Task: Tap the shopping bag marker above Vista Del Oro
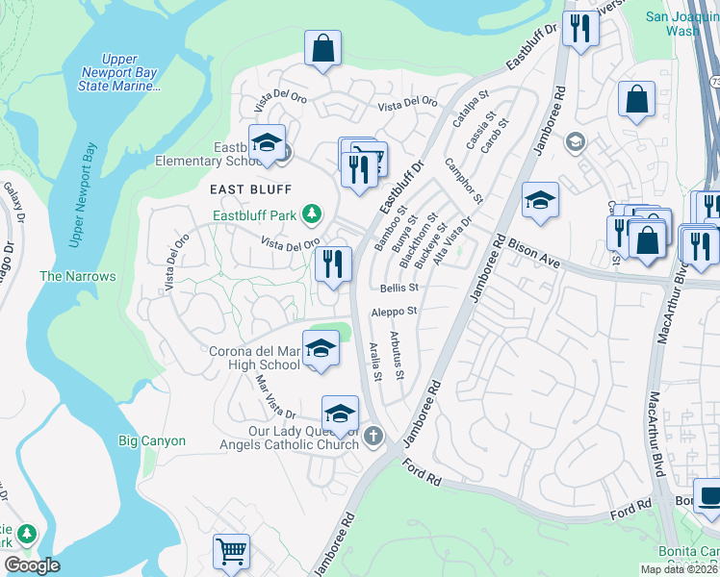(322, 49)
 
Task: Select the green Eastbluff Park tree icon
(312, 213)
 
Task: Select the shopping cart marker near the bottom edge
(231, 553)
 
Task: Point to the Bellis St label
(399, 288)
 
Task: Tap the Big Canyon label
(151, 441)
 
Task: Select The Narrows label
(77, 276)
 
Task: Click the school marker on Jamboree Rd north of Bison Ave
(540, 202)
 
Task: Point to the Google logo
(32, 564)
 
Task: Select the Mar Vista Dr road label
(275, 396)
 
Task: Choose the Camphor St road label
(462, 181)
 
